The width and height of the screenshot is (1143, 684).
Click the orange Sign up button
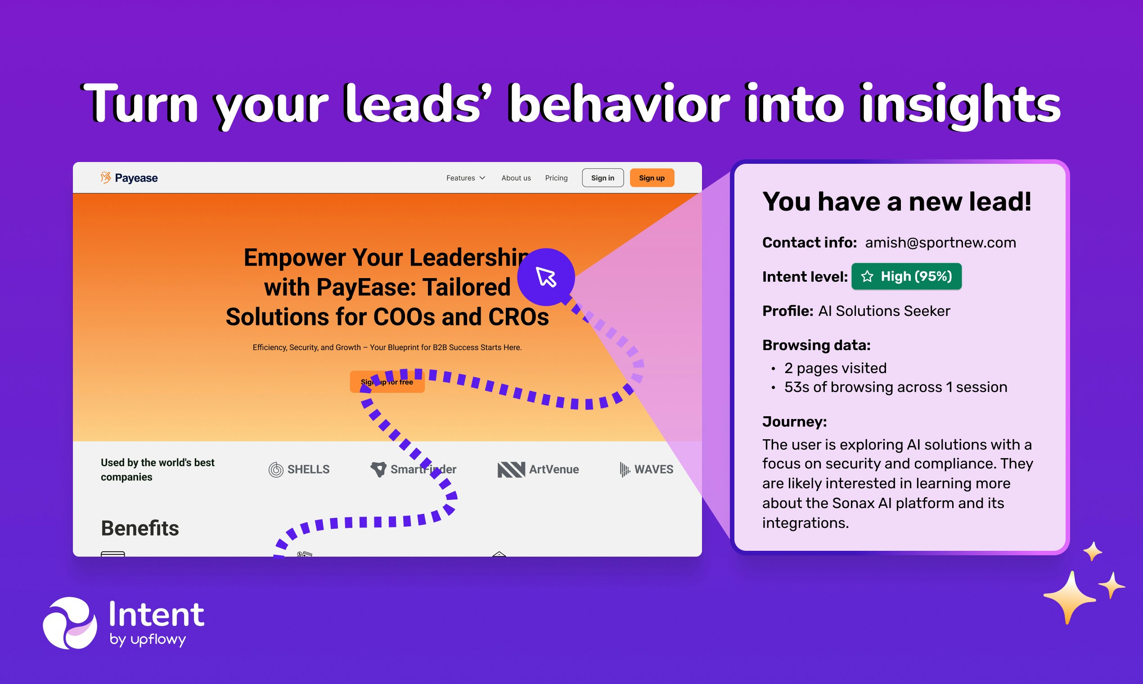click(x=652, y=178)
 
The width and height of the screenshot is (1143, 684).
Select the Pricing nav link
click(x=556, y=178)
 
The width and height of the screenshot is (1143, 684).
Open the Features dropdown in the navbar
click(x=465, y=178)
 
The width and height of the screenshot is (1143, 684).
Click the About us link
click(x=516, y=178)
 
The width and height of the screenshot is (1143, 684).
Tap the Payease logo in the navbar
click(x=129, y=178)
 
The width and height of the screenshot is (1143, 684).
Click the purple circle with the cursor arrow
click(x=546, y=277)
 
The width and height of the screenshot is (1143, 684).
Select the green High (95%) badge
click(x=906, y=277)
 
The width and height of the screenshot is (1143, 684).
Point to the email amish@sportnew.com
click(x=940, y=243)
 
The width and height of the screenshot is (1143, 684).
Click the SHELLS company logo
click(x=299, y=470)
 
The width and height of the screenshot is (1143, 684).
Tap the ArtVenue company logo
click(x=538, y=470)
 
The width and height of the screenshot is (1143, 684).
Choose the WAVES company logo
click(x=646, y=470)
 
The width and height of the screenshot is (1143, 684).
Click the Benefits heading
click(x=139, y=528)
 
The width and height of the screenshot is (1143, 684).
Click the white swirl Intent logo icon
click(x=70, y=623)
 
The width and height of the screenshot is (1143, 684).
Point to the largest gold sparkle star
click(x=1070, y=598)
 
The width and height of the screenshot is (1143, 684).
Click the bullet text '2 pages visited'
click(x=835, y=368)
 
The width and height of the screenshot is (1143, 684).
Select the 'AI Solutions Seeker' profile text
click(x=884, y=311)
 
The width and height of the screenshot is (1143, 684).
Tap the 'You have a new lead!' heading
click(x=897, y=202)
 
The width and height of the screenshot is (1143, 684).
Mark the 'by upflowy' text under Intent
click(x=148, y=640)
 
